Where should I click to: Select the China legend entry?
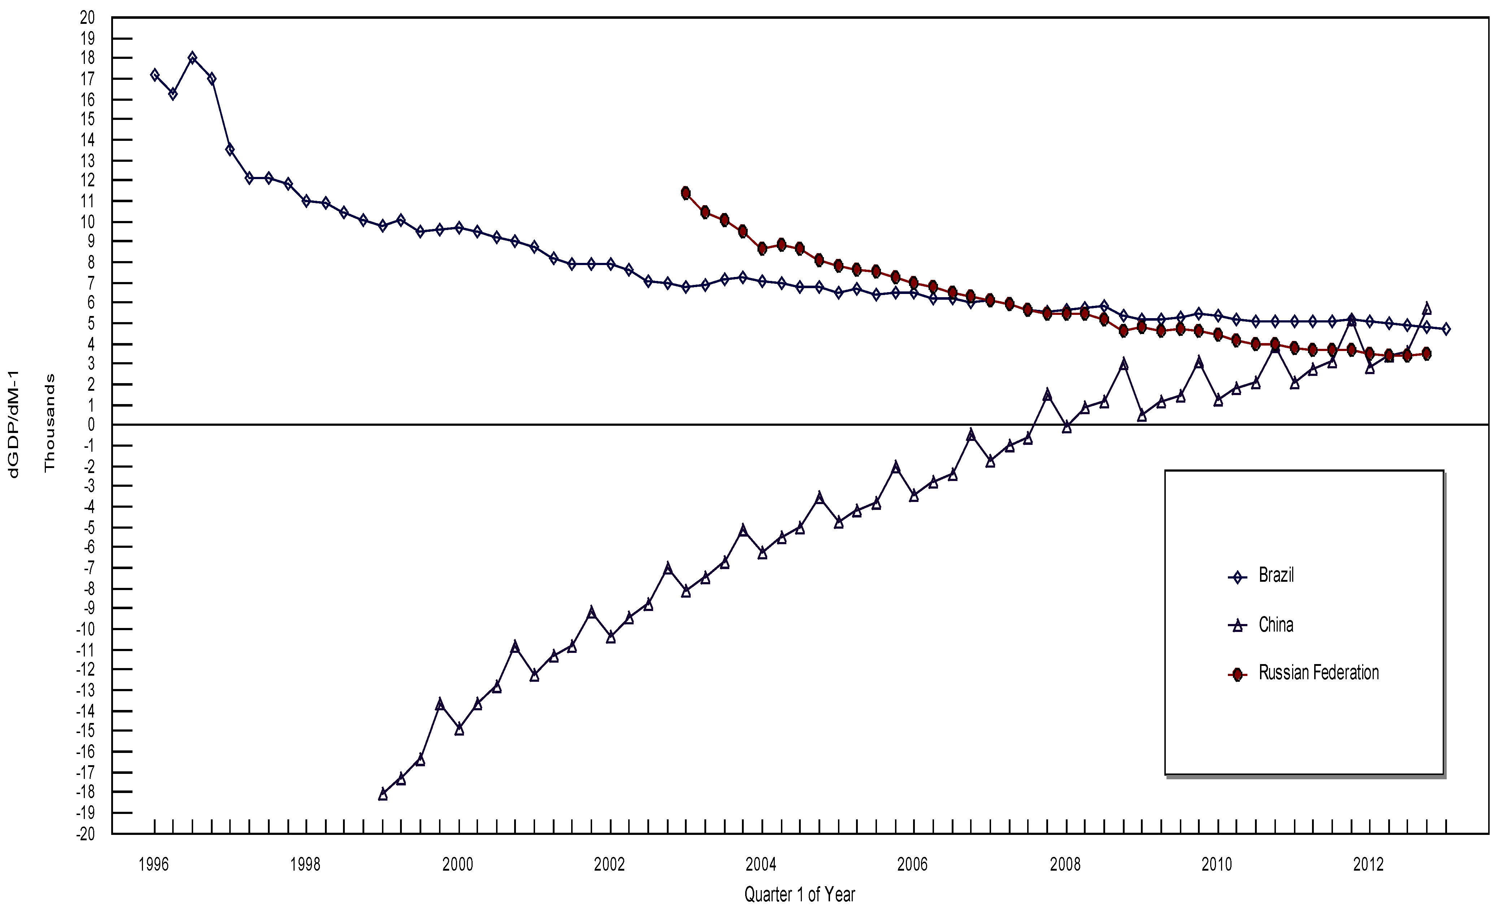coord(1276,625)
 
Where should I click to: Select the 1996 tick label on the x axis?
coord(154,864)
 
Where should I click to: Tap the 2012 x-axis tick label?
coord(1368,864)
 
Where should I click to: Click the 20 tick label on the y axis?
coord(88,18)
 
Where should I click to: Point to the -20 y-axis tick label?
coord(86,834)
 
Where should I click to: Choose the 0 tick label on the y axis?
coord(91,425)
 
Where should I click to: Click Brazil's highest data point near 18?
coord(192,58)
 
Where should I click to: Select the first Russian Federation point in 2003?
coord(686,193)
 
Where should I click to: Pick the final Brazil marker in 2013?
coord(1446,329)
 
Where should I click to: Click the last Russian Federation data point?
coord(1426,354)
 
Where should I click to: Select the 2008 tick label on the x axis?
coord(1065,864)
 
